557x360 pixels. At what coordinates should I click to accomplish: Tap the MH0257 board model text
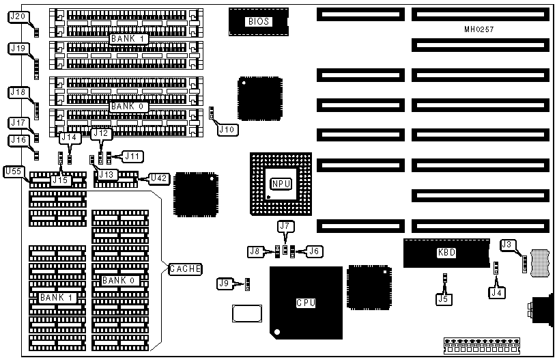(x=479, y=30)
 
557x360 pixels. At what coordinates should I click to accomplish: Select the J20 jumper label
(x=19, y=16)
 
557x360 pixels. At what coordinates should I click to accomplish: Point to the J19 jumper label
(x=19, y=48)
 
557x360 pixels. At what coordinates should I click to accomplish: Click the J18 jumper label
(x=19, y=92)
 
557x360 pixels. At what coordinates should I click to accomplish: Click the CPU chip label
(x=306, y=303)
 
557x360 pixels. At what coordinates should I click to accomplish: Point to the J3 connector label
(x=506, y=245)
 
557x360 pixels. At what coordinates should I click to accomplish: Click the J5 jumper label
(x=444, y=298)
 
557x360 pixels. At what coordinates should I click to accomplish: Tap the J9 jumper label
(x=225, y=282)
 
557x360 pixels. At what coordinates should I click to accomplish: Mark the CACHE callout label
(x=185, y=268)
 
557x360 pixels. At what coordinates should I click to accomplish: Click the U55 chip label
(x=14, y=171)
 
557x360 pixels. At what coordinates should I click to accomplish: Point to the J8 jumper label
(x=255, y=251)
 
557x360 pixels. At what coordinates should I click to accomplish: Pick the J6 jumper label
(x=314, y=251)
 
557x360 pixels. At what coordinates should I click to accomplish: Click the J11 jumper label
(x=132, y=156)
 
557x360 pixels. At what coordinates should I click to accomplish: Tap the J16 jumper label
(x=19, y=139)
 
